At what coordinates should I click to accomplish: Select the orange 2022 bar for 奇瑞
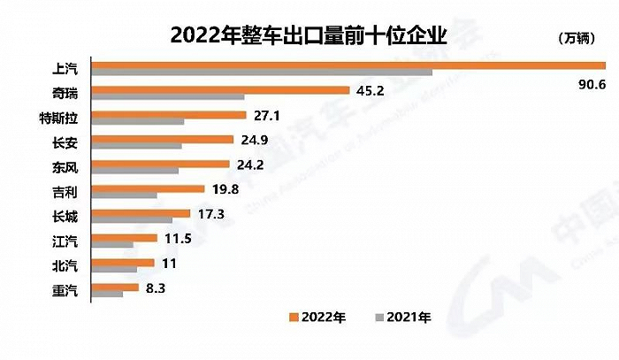click(x=221, y=89)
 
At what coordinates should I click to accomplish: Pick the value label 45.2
click(x=370, y=89)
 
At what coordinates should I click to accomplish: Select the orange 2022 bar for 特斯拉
click(x=169, y=114)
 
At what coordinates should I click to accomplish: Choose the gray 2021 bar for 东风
click(x=135, y=171)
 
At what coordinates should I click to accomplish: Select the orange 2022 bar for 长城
click(x=141, y=213)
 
